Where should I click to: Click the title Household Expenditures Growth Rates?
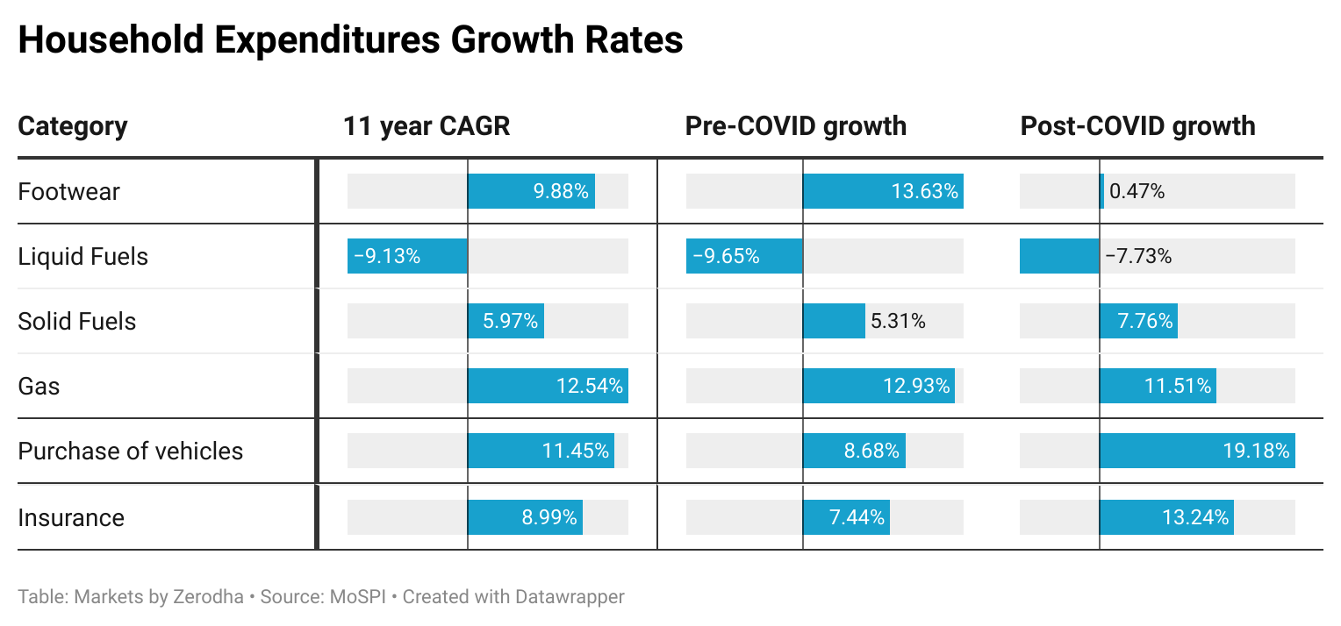[350, 41]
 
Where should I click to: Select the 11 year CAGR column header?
[427, 126]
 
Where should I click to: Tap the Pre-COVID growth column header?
[795, 126]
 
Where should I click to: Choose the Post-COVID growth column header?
[1137, 126]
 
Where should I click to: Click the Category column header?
[73, 126]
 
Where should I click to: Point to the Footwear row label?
[68, 191]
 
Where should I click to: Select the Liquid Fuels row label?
[83, 256]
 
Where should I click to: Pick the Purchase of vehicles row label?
[131, 451]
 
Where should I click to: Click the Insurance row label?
[71, 517]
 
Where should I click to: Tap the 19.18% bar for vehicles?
[1197, 451]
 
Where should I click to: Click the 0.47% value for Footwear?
[1137, 191]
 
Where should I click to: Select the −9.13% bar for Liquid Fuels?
[407, 256]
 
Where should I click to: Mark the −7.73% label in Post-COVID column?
[1138, 256]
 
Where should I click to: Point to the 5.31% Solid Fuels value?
[898, 321]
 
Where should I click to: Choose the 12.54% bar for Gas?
[548, 386]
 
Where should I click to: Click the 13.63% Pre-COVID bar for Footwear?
[883, 191]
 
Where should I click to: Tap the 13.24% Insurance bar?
[1166, 517]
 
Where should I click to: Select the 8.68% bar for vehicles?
[854, 451]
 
